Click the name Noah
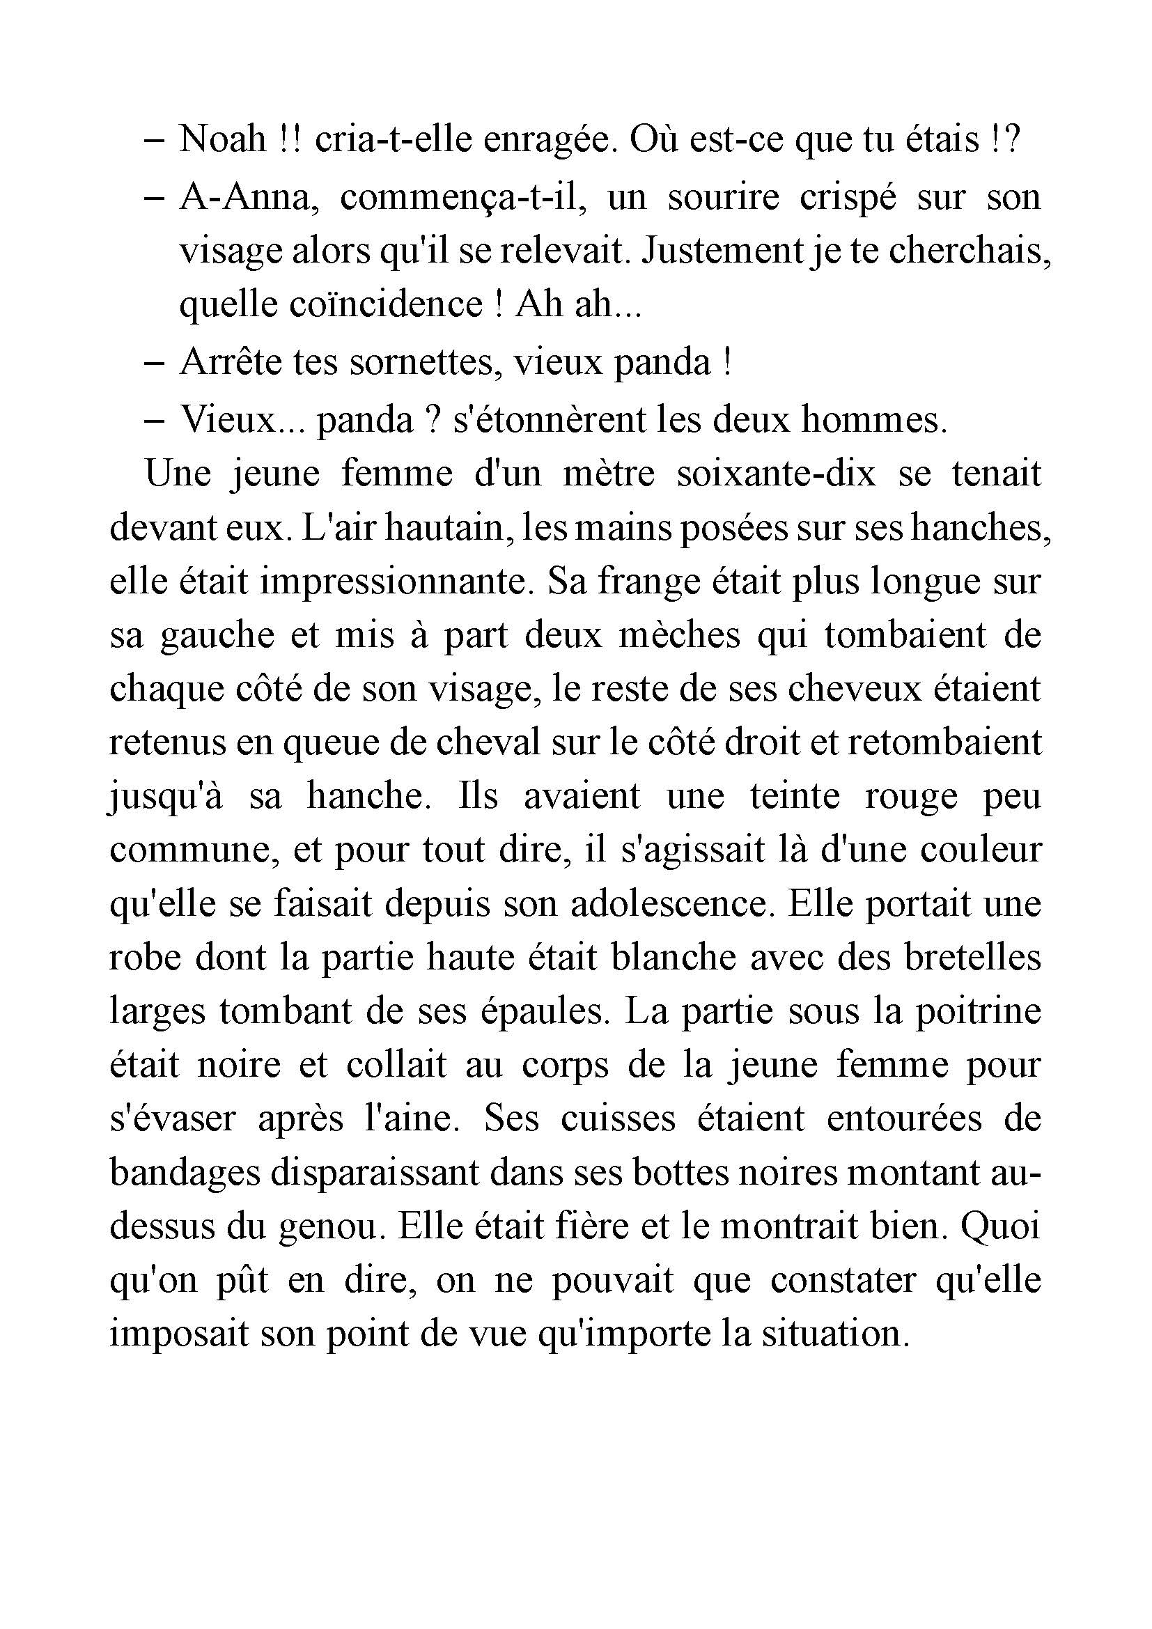(221, 140)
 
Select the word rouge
(911, 797)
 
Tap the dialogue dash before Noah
(155, 141)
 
